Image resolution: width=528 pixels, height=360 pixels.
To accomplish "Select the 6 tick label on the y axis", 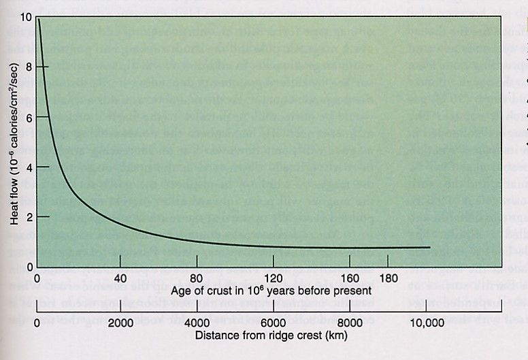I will pos(29,116).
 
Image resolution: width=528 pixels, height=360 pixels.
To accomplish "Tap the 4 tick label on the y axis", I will pos(29,167).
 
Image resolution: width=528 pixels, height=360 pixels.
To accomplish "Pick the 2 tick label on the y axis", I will pos(29,216).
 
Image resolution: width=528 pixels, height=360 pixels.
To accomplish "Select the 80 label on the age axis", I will pos(196,278).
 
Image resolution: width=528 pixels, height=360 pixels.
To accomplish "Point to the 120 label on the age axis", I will pos(273,278).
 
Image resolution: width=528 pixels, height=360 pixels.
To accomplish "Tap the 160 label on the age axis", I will pos(349,278).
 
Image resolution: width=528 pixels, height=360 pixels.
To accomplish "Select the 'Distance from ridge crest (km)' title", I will pos(259,336).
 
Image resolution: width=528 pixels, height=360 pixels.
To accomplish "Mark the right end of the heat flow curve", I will pos(430,247).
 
